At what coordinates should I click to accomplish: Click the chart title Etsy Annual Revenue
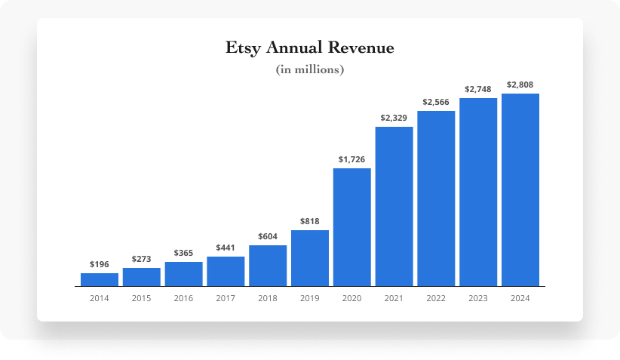coord(310,48)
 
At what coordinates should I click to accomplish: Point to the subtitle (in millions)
coord(310,70)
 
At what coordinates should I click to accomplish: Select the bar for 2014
coord(100,280)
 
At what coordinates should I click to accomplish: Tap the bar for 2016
coord(183,274)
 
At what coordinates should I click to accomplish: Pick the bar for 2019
coord(310,258)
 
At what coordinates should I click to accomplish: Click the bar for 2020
coord(351,227)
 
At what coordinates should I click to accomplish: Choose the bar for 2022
coord(436,198)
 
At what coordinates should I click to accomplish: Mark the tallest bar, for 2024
coord(520,190)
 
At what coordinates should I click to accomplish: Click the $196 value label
coord(100,264)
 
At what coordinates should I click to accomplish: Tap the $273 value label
coord(141,259)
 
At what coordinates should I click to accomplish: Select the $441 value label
coord(226,248)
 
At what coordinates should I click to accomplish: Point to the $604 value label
coord(268,236)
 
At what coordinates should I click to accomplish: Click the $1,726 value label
coord(351,159)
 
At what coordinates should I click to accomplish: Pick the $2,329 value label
coord(394,118)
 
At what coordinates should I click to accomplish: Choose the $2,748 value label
coord(478,89)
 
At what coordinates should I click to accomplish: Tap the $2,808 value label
coord(520,85)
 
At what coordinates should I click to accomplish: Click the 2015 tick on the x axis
coord(141,298)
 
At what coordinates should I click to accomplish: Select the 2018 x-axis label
coord(268,298)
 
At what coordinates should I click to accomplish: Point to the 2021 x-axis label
coord(394,298)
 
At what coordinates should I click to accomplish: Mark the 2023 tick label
coord(478,298)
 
